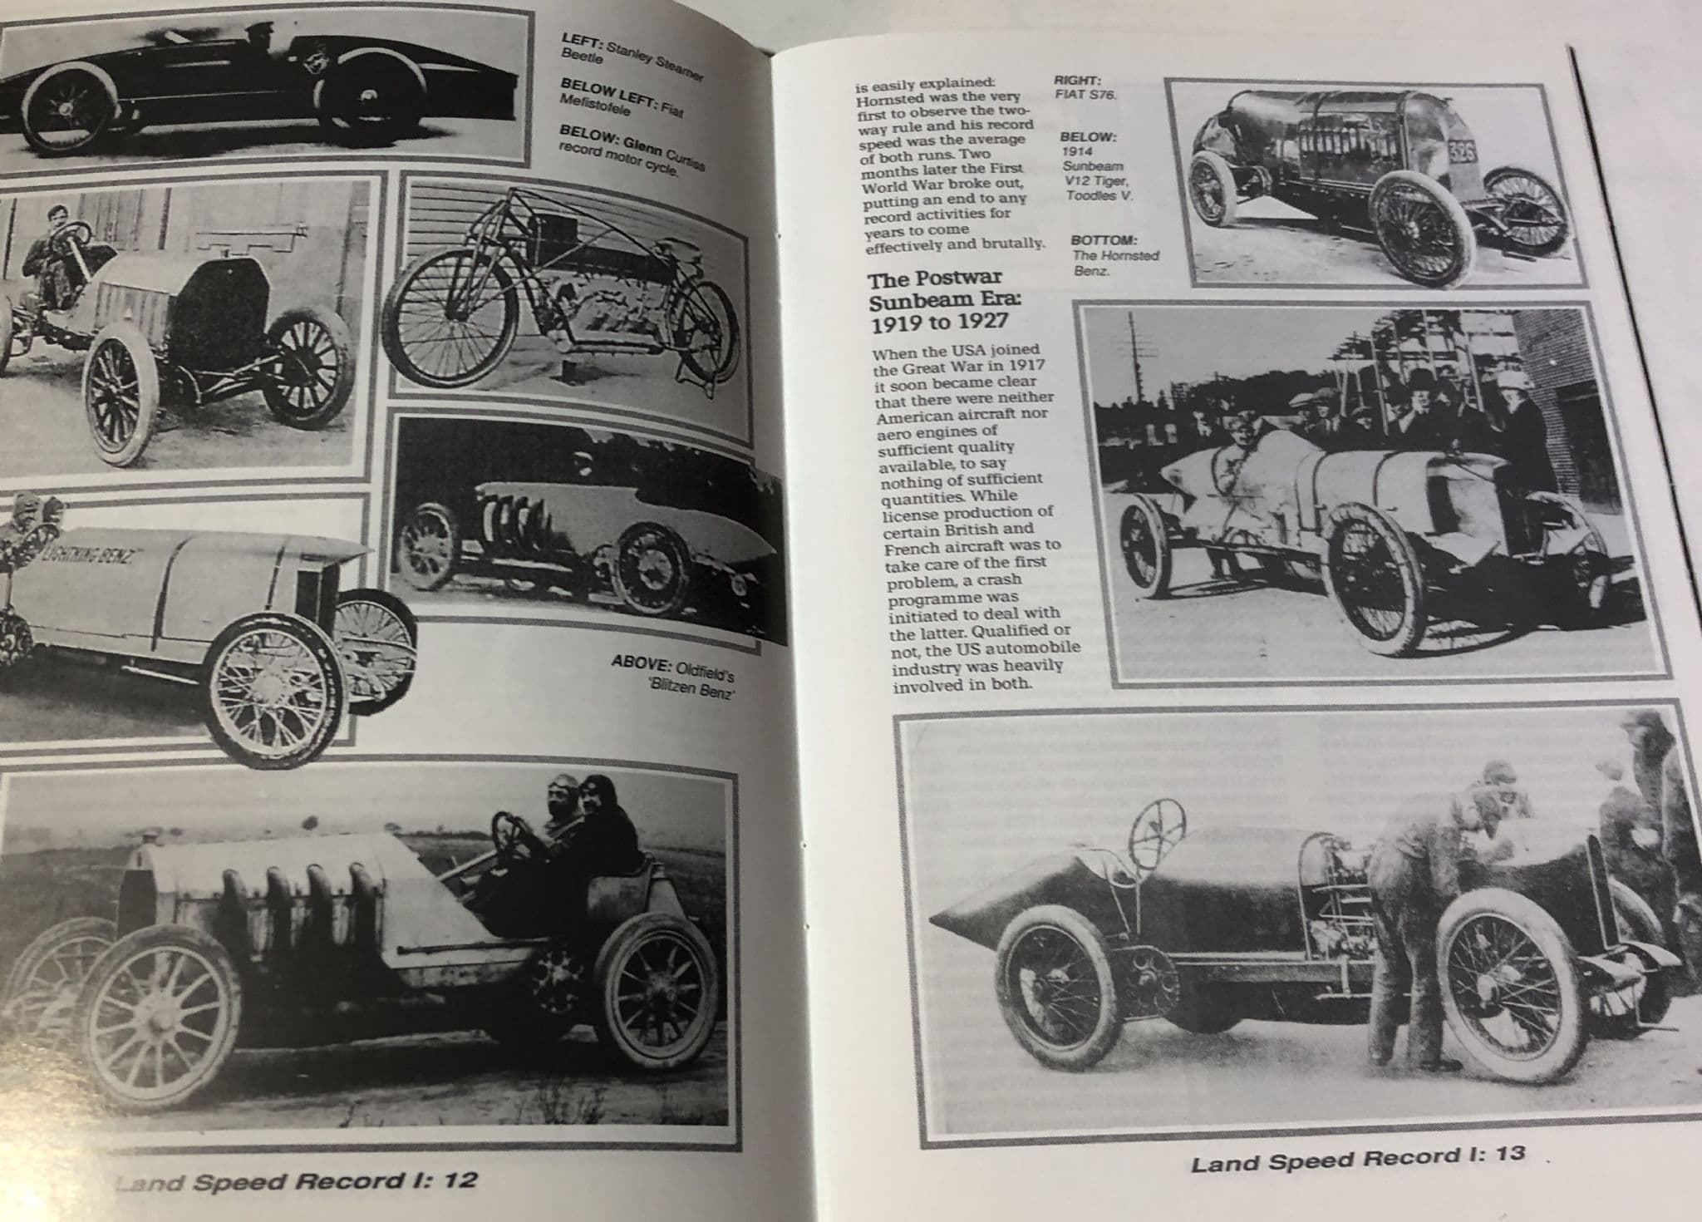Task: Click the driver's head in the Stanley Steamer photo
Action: (254, 32)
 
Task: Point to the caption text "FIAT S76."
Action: (1085, 95)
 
